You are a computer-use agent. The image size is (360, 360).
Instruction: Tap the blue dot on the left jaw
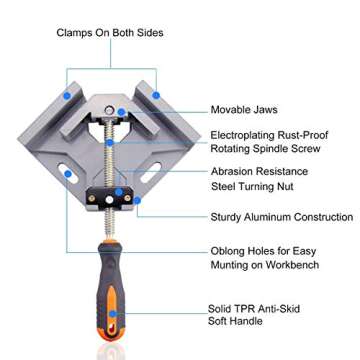(67, 97)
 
